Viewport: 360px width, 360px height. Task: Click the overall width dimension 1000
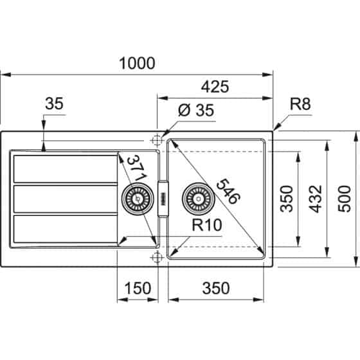coord(137,63)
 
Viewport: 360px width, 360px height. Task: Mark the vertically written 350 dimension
coord(287,199)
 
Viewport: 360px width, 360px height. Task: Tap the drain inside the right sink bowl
coord(197,199)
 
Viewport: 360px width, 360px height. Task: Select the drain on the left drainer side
coord(136,199)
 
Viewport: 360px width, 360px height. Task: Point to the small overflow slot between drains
coord(163,199)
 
